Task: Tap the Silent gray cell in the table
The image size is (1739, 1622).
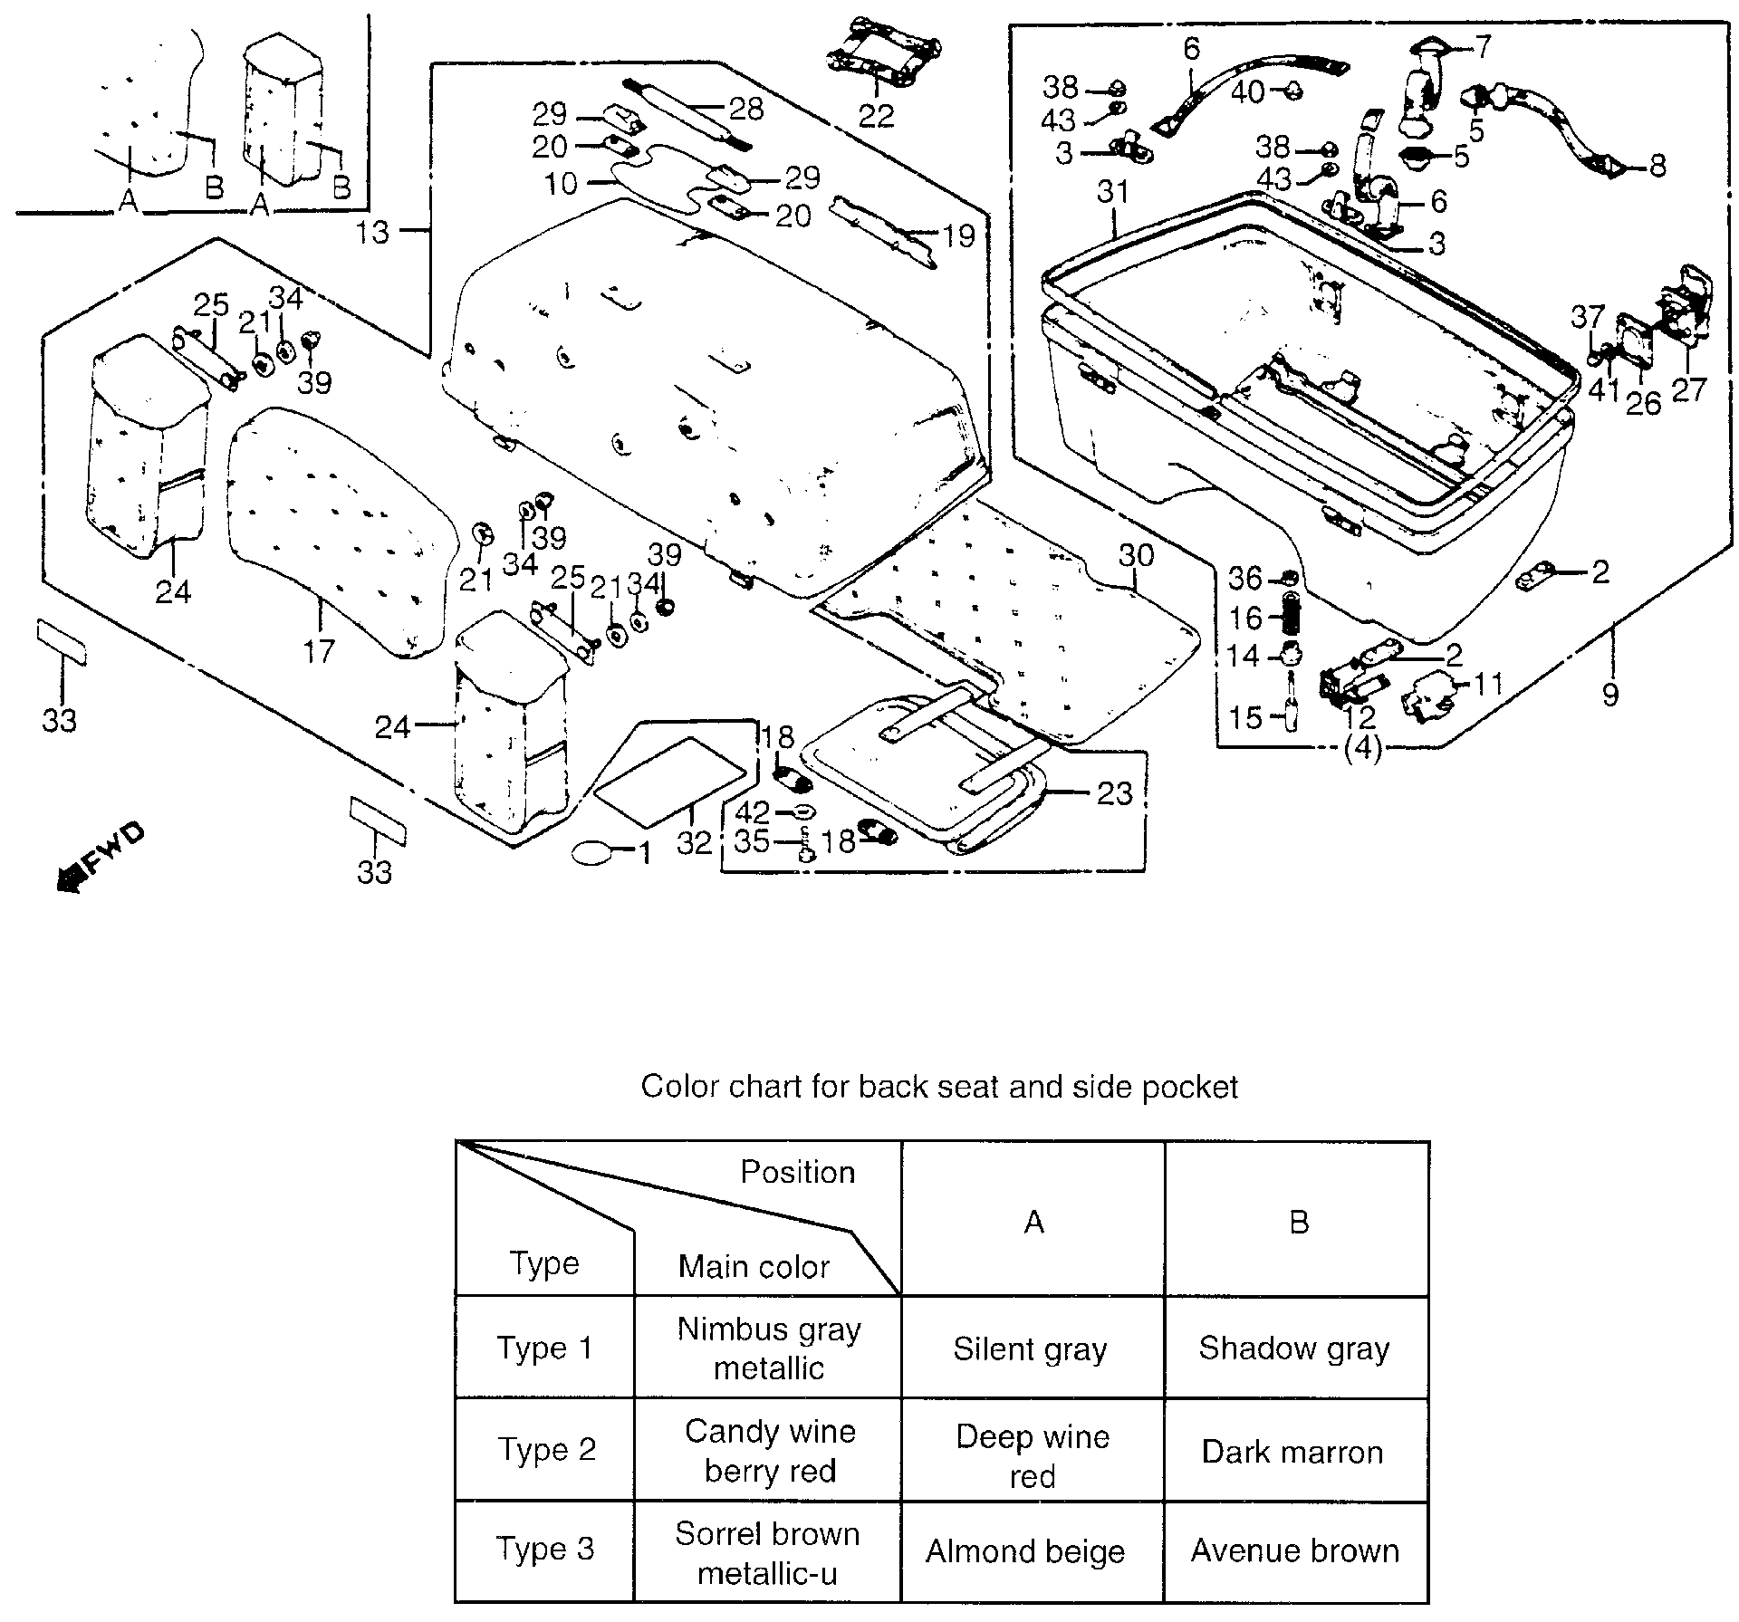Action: point(1031,1349)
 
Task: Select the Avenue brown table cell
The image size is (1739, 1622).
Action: point(1295,1550)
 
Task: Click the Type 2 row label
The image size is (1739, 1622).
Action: point(546,1450)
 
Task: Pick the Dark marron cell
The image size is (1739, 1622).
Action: point(1292,1452)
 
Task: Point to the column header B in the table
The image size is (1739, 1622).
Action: point(1298,1222)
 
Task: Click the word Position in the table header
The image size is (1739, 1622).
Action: point(797,1172)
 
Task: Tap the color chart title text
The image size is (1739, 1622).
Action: point(939,1086)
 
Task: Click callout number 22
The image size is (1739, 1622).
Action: point(876,115)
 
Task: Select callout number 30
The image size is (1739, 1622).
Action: point(1137,554)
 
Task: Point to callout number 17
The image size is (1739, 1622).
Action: point(319,650)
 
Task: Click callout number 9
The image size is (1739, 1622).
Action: point(1609,695)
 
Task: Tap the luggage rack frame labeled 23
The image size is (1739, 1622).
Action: point(924,779)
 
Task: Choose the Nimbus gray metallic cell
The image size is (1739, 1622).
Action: point(768,1348)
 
